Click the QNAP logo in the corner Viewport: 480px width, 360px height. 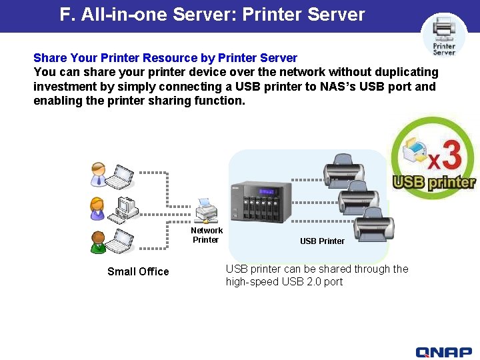[443, 352]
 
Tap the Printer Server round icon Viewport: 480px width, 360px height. [444, 35]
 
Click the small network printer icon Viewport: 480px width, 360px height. [206, 211]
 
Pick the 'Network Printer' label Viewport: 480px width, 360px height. [206, 235]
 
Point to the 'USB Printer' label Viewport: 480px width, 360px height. [322, 241]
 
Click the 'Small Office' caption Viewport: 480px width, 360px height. [138, 271]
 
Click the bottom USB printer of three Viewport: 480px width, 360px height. [373, 223]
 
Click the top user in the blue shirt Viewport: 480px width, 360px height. [98, 173]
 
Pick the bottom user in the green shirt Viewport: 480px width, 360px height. [98, 241]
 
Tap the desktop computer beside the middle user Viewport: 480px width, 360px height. [123, 209]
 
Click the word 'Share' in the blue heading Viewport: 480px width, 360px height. [50, 58]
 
